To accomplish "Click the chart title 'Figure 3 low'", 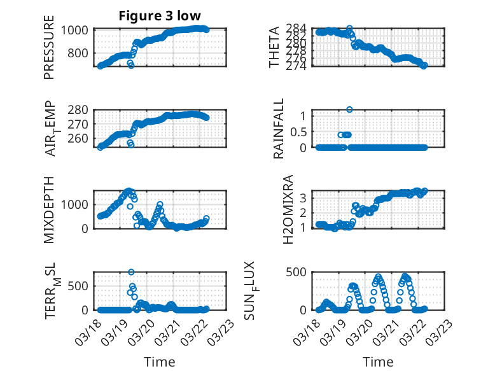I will (x=160, y=16).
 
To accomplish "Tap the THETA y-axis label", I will (x=274, y=48).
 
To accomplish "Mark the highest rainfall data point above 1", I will (x=349, y=109).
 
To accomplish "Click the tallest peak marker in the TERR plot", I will (x=131, y=272).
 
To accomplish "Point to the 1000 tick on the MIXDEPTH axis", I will (x=78, y=204).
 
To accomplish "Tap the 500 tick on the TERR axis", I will (x=81, y=285).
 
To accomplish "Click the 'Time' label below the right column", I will (x=378, y=362).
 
